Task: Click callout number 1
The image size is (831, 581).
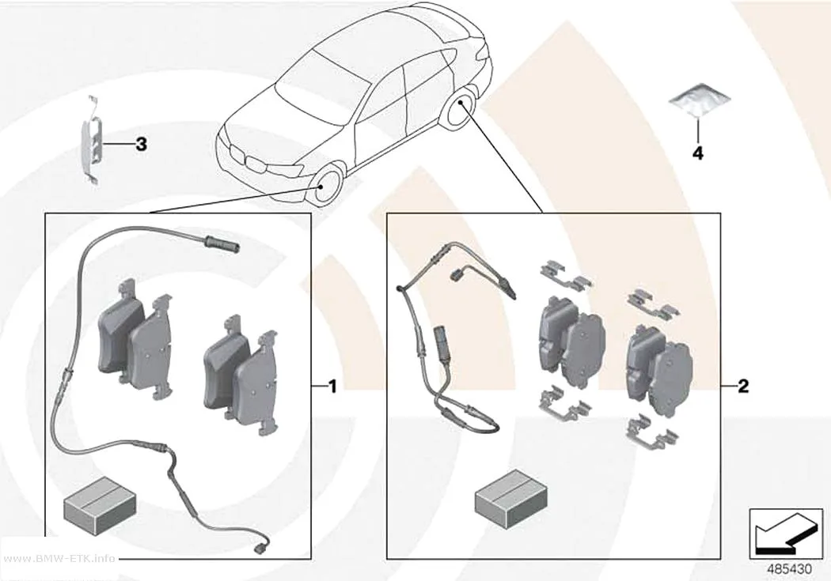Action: (333, 387)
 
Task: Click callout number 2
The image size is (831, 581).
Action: (744, 387)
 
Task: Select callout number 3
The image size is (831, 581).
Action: (141, 144)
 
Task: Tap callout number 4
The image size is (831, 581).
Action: (698, 153)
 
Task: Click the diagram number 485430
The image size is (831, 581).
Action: (789, 569)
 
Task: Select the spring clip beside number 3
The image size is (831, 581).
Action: (91, 140)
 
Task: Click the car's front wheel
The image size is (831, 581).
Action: (328, 187)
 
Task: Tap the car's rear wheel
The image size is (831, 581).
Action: (459, 111)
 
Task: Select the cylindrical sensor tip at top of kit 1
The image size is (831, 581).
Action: (221, 243)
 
